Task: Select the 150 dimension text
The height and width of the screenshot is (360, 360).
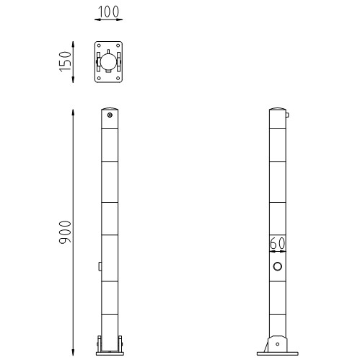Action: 64,62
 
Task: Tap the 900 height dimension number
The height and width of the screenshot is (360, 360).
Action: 64,230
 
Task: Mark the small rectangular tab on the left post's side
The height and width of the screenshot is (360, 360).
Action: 99,266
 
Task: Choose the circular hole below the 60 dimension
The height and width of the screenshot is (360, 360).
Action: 277,267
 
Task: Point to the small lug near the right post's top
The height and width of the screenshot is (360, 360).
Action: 287,114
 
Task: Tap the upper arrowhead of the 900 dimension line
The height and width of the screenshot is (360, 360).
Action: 74,110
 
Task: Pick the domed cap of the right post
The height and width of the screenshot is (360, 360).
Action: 277,111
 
